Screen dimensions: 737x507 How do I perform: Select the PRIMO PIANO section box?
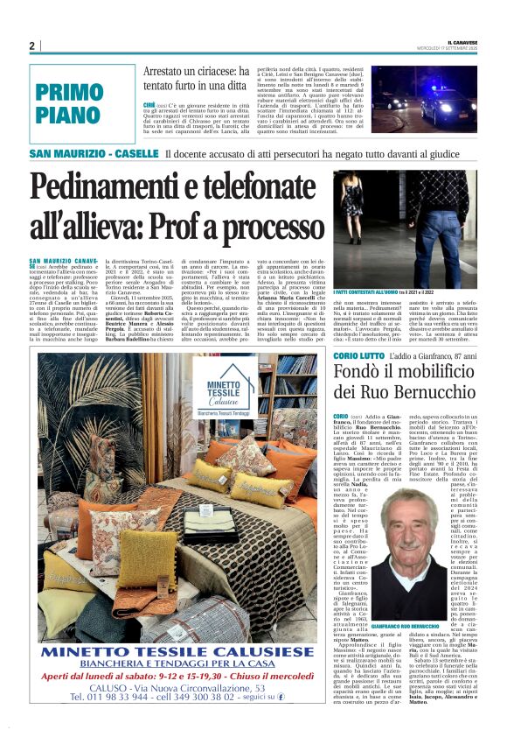coord(69,102)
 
